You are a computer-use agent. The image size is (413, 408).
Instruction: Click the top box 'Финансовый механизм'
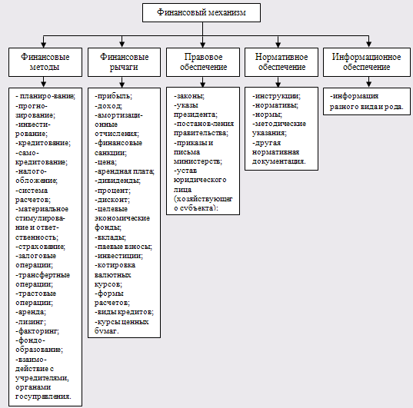point(202,12)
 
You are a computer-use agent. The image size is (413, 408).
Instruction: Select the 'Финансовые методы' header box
point(45,62)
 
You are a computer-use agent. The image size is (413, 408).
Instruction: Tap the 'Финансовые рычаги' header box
point(124,62)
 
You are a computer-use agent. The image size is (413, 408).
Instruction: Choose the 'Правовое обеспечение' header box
point(203,62)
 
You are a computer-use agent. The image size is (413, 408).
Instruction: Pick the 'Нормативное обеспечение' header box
point(281,62)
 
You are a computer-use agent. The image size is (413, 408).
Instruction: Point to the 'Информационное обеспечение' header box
point(367,62)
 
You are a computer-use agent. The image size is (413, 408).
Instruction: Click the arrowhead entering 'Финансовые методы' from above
point(44,45)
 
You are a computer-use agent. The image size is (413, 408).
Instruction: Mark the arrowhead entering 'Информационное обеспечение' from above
point(368,45)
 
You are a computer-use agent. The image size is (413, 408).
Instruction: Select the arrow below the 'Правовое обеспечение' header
point(202,82)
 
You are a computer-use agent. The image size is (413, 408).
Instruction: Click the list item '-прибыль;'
point(114,96)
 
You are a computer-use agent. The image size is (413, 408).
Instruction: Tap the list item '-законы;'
point(189,96)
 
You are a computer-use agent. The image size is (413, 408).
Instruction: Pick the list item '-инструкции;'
point(276,96)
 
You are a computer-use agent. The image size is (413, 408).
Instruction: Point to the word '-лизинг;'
point(31,322)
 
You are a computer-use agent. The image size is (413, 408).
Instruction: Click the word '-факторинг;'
point(38,331)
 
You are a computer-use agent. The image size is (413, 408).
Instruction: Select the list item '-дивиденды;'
point(118,181)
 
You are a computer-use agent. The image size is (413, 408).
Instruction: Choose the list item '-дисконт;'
point(112,200)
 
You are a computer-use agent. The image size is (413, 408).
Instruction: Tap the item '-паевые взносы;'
point(124,247)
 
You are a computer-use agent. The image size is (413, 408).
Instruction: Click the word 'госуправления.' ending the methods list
point(44,396)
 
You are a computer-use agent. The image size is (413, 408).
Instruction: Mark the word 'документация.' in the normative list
point(279,161)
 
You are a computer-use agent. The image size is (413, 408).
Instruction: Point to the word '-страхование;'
point(41,247)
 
